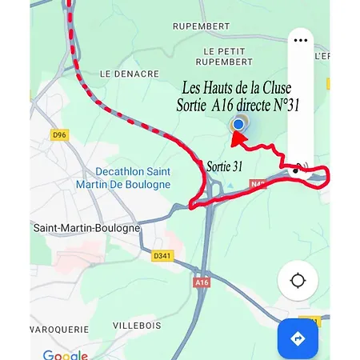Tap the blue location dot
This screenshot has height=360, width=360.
point(238,124)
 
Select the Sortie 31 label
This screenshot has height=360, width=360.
point(224,166)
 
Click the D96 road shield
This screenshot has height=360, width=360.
point(58,135)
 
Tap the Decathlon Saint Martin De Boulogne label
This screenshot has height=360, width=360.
point(133,178)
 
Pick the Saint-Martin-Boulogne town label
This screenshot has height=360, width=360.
point(86,228)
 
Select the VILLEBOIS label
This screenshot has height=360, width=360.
point(136,326)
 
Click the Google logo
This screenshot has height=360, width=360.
point(65,354)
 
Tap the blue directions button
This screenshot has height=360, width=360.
point(298,339)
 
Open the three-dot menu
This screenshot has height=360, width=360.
point(301,39)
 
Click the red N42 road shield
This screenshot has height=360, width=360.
point(258,183)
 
